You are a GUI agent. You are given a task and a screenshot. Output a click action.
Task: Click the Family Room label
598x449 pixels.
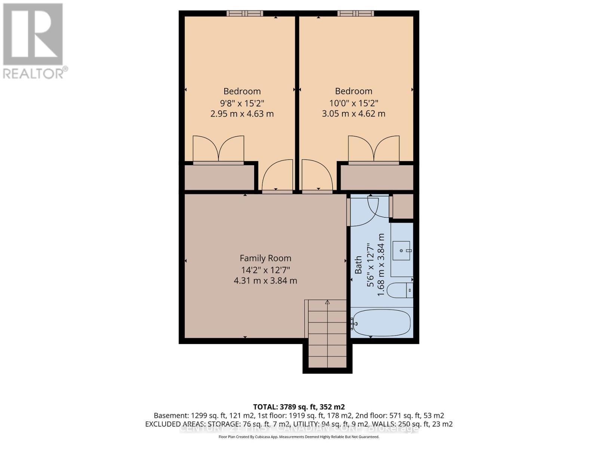click(x=265, y=258)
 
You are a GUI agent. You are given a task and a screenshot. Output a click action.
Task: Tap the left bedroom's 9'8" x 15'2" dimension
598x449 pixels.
click(x=242, y=103)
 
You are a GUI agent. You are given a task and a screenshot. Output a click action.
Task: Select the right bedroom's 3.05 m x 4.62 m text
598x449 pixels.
click(x=353, y=114)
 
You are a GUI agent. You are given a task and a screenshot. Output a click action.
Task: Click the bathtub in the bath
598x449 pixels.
click(x=381, y=323)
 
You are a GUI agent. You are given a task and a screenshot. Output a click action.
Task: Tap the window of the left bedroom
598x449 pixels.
click(x=244, y=13)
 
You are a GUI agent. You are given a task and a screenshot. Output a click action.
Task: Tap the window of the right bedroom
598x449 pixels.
click(x=355, y=13)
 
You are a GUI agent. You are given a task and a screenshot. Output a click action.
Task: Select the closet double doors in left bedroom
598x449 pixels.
click(x=218, y=150)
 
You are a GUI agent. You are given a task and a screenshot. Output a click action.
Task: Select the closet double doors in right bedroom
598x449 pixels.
click(x=374, y=150)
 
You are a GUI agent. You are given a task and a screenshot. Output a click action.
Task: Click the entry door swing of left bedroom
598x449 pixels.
click(x=277, y=176)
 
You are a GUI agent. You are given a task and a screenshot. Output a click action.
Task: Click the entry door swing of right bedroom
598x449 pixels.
click(x=317, y=176)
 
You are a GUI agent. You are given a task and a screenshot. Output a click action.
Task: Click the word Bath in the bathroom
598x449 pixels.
click(x=358, y=265)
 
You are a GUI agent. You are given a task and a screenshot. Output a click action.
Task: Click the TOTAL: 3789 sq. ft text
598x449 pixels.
click(x=299, y=407)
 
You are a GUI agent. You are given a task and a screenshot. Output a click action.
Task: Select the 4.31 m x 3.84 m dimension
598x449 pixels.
click(x=265, y=281)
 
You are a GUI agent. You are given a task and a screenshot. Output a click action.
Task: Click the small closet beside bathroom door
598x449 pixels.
click(x=403, y=206)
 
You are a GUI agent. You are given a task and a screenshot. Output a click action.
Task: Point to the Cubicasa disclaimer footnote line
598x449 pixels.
click(x=299, y=437)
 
